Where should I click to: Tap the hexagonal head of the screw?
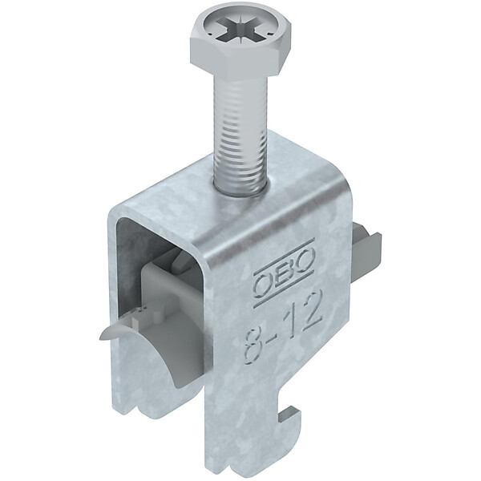240,43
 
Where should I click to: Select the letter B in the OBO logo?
284,271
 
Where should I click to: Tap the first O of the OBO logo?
263,282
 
